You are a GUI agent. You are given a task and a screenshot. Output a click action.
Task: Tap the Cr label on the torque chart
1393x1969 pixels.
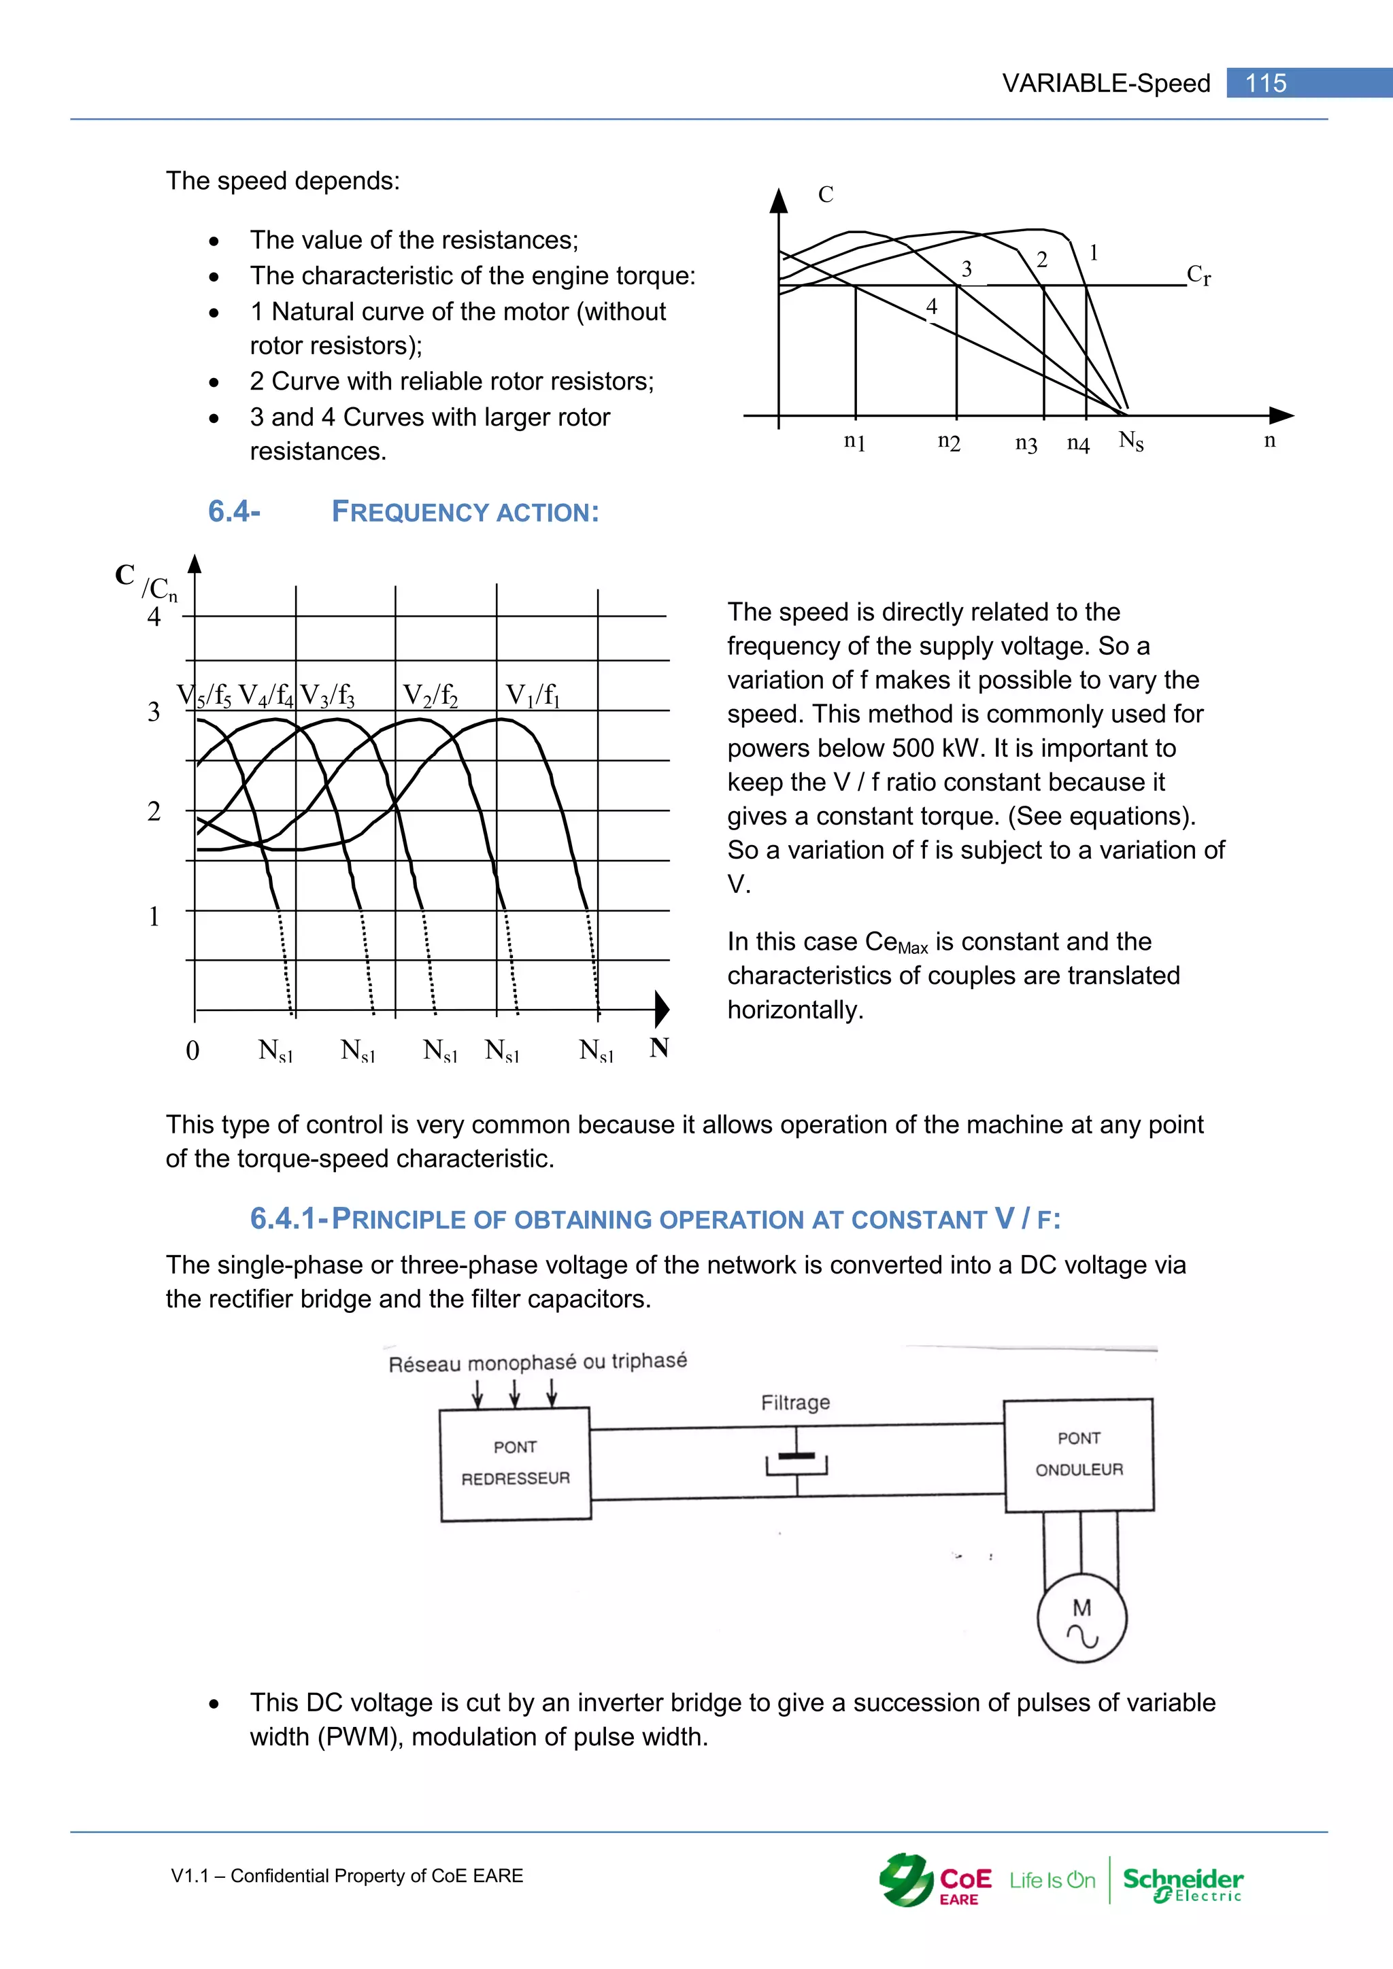tap(1198, 275)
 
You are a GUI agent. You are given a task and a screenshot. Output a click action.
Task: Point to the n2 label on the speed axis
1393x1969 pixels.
tap(949, 442)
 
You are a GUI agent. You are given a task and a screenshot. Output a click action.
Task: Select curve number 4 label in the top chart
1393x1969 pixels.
tap(932, 306)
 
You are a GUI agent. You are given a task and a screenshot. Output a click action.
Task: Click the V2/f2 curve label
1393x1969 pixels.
tap(430, 695)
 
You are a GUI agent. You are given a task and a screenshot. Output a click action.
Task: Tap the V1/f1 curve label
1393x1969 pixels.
tap(532, 695)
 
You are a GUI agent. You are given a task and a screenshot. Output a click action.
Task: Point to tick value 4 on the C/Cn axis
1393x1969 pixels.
tap(154, 617)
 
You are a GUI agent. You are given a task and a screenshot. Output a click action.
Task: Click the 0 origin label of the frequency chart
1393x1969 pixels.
tap(192, 1050)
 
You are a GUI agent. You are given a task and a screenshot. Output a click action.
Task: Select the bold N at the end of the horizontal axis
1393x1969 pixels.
tap(659, 1047)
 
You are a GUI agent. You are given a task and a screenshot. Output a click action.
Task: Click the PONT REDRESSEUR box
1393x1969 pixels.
tap(515, 1463)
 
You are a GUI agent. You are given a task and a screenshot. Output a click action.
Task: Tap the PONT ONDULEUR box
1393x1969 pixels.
tap(1078, 1454)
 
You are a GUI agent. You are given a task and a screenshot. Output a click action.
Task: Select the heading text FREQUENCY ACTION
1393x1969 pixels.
tap(465, 512)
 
